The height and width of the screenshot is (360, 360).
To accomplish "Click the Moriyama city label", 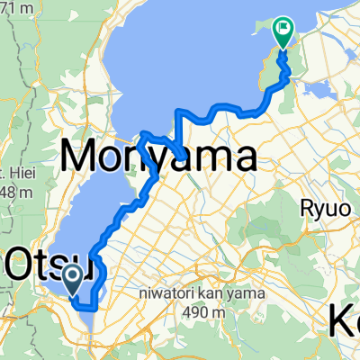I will coord(157,157).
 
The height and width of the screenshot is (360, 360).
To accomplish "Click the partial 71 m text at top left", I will coord(13,8).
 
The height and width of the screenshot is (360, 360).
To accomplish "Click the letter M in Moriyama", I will coord(80,157).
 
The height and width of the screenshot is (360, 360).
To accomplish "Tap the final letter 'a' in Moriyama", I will coord(239,160).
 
